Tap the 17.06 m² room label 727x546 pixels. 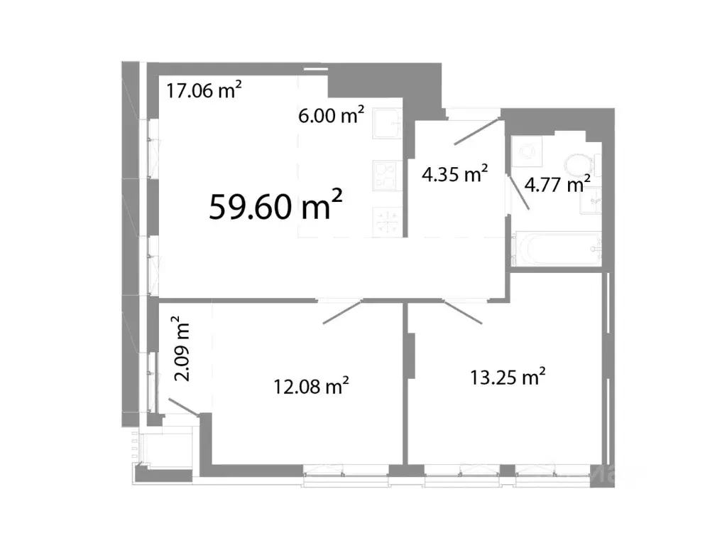204,90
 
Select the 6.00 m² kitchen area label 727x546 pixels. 332,115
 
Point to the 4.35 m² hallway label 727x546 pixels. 454,173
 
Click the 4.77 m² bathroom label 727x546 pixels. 557,185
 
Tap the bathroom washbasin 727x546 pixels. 591,201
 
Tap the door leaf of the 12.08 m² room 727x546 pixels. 343,312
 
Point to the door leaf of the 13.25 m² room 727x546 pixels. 464,312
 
